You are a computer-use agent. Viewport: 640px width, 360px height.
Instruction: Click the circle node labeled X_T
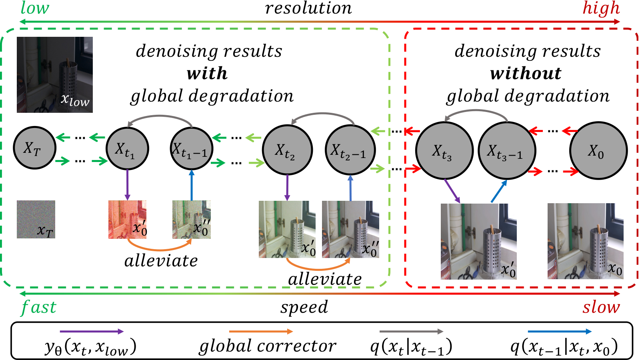(34, 148)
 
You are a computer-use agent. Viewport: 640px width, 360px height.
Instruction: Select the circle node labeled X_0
(598, 150)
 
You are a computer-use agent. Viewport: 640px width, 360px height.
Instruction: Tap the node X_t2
(288, 150)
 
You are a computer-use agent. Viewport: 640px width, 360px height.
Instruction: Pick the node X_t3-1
(507, 150)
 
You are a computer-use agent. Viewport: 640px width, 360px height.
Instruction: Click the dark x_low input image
(54, 74)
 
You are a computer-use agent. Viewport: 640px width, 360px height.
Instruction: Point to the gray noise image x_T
(36, 220)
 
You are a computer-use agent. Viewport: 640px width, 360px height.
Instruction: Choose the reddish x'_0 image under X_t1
(128, 220)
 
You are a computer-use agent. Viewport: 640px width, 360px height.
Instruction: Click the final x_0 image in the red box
(586, 241)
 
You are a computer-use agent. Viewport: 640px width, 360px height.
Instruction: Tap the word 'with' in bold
(207, 74)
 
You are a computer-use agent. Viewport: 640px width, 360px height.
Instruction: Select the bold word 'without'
(526, 74)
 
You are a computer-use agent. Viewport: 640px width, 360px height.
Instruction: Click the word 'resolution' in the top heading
(308, 8)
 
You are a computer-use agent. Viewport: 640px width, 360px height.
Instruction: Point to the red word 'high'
(601, 8)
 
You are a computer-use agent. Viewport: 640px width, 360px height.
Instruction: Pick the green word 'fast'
(38, 308)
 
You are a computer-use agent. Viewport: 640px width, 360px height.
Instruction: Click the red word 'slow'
(601, 307)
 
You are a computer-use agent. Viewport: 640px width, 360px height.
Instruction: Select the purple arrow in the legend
(92, 332)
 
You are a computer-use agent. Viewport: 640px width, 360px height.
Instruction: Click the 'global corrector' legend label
(268, 346)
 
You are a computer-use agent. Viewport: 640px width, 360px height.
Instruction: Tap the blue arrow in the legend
(560, 332)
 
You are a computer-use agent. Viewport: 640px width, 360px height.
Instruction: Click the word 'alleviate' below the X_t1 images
(161, 261)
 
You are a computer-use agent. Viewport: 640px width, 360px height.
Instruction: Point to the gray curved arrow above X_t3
(476, 113)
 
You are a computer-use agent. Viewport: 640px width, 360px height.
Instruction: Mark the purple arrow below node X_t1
(128, 185)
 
